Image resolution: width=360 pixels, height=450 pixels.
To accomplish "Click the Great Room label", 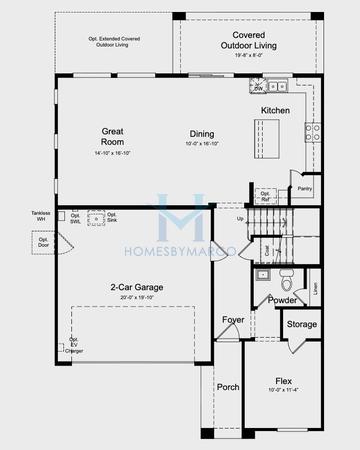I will pos(112,137).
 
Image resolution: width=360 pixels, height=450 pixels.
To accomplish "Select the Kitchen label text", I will pos(276,110).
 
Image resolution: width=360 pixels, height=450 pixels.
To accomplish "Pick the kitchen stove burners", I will pos(312,129).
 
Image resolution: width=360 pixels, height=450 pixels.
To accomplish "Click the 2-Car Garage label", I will pos(136,287).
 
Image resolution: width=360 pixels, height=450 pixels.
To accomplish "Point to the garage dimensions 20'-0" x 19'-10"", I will pos(136,298).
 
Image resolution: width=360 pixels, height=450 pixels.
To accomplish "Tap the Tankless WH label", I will pos(40,215).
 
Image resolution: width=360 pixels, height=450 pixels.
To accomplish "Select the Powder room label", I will pos(282,298).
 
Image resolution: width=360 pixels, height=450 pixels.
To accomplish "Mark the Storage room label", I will pos(301,324).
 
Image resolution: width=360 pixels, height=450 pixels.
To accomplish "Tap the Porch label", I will pos(227,387).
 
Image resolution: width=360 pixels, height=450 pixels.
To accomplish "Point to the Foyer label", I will pos(233,320).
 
